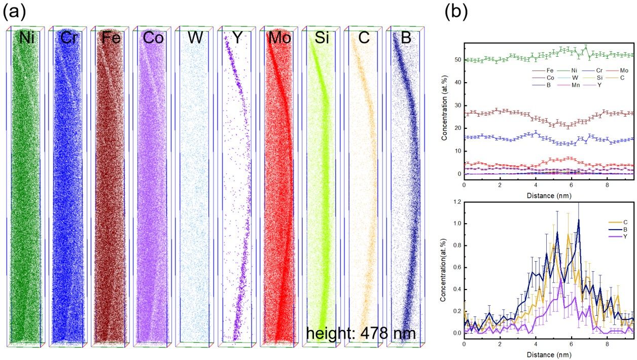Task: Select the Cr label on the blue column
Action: pos(68,38)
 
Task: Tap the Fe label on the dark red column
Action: pos(111,38)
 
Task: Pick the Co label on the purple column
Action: pos(154,38)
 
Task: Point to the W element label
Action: pos(195,38)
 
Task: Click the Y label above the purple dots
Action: pos(237,38)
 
